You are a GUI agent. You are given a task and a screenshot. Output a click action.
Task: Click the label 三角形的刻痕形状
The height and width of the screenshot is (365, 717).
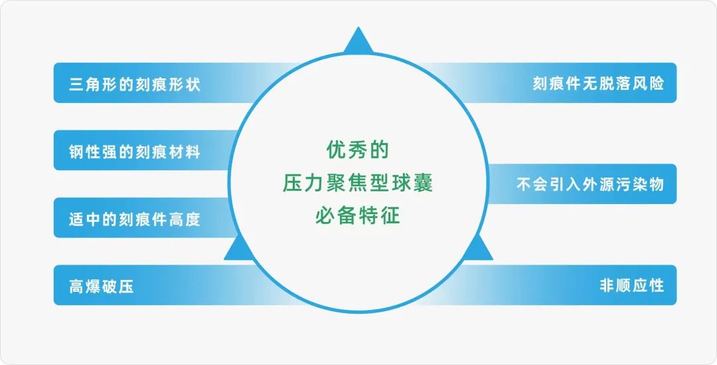click(134, 84)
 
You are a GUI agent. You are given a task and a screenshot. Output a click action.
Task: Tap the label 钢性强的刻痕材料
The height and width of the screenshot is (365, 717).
click(134, 152)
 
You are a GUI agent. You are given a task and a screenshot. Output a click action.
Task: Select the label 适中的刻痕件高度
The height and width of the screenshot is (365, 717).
click(134, 219)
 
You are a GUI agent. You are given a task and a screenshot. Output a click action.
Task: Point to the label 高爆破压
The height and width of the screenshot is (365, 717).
click(101, 287)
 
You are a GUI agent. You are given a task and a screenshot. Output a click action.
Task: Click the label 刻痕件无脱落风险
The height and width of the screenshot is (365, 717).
click(598, 84)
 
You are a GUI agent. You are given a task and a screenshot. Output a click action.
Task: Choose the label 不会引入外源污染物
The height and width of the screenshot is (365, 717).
click(590, 185)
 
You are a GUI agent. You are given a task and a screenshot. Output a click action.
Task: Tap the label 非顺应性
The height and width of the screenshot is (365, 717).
click(631, 286)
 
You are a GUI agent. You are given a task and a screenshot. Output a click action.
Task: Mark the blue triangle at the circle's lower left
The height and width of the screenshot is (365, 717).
click(239, 249)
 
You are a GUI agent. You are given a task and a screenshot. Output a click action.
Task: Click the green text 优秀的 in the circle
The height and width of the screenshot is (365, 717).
click(358, 150)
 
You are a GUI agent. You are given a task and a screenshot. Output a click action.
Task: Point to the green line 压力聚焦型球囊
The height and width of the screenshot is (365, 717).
click(358, 183)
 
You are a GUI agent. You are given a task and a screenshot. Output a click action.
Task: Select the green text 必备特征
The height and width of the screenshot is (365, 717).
click(358, 215)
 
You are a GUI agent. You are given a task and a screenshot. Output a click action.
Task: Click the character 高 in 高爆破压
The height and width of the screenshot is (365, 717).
click(77, 287)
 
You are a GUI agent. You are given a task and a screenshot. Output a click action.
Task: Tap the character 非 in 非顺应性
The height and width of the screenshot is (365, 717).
click(607, 286)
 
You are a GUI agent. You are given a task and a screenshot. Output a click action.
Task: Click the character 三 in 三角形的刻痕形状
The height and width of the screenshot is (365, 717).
click(77, 84)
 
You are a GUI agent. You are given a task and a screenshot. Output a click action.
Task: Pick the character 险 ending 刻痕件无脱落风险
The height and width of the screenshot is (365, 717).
click(656, 84)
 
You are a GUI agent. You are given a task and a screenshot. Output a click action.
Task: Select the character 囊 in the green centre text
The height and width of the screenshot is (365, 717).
click(424, 183)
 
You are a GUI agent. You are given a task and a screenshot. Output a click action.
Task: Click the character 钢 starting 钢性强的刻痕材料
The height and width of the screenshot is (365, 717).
click(77, 152)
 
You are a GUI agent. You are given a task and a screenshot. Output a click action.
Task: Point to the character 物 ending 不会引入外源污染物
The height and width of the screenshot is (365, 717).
click(656, 185)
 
